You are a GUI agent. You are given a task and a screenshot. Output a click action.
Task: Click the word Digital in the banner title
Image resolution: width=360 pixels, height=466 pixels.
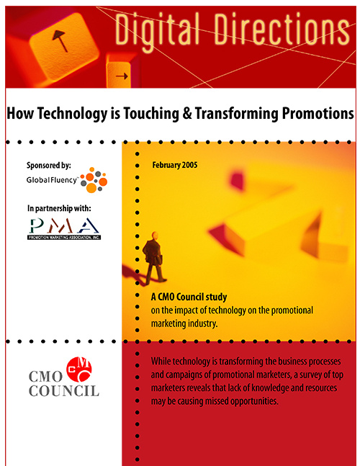[157, 30]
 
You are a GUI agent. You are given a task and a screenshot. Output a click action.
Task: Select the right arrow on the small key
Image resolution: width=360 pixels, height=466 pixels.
[122, 76]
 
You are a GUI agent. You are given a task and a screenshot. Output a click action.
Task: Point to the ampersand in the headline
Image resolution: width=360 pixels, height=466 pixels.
[187, 113]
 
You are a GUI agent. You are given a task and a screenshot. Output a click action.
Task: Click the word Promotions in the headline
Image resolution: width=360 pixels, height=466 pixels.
[318, 113]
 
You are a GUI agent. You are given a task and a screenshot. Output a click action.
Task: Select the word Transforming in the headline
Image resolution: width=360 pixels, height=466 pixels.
[237, 114]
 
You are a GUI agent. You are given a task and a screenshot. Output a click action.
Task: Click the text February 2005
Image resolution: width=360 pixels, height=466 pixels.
[175, 165]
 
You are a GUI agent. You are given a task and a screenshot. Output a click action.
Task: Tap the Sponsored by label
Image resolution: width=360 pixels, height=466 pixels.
[49, 165]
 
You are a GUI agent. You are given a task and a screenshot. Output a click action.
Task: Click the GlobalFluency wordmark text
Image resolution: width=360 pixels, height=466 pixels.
[52, 180]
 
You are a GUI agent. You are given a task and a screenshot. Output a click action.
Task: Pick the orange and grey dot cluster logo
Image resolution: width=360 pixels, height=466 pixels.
[94, 180]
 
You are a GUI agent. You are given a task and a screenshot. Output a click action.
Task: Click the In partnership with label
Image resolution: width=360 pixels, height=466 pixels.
[59, 208]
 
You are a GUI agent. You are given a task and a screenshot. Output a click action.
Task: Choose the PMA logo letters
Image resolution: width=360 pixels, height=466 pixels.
[64, 225]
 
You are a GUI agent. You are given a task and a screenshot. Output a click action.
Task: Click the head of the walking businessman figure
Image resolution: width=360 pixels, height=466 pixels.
[155, 236]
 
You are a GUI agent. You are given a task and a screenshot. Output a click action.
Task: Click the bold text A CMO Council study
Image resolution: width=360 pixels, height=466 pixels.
[189, 297]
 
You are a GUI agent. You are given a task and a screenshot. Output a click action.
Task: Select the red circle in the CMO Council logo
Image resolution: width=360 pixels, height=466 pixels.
[79, 369]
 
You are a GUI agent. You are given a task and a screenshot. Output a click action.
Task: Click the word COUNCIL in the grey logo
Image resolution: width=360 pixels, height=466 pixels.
[64, 390]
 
